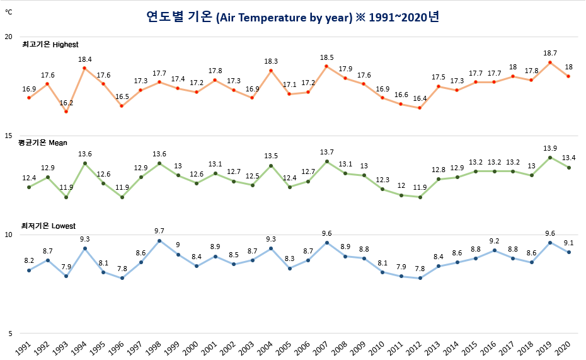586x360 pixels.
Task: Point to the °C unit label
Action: click(x=8, y=11)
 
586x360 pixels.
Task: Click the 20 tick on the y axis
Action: click(x=8, y=37)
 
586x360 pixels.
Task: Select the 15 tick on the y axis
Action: click(x=8, y=136)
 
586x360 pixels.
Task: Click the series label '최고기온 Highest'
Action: click(x=50, y=45)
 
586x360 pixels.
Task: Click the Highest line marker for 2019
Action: click(x=550, y=62)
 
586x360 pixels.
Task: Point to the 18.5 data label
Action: click(x=326, y=57)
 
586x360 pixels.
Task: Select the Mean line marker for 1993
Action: click(x=66, y=197)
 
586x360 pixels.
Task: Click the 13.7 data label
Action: click(x=326, y=153)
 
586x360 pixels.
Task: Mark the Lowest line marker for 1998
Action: click(x=159, y=241)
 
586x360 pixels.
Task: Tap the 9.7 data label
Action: click(x=159, y=231)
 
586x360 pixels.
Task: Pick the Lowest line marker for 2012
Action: click(x=420, y=278)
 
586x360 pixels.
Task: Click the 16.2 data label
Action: click(x=66, y=102)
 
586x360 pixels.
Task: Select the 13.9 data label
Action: click(x=550, y=148)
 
